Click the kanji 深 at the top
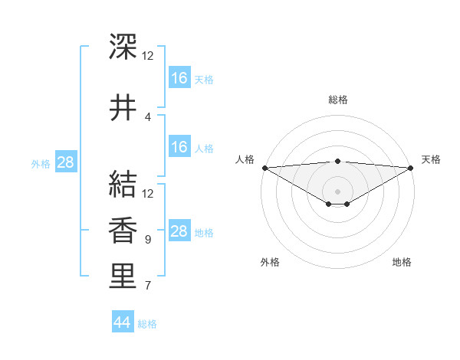(x=123, y=47)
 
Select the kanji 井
(x=123, y=108)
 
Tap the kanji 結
(x=123, y=184)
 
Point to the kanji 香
(x=123, y=231)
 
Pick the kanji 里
(x=123, y=277)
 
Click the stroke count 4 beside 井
(x=148, y=117)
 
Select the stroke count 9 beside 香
(x=148, y=240)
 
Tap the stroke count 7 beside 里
(x=148, y=286)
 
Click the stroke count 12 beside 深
(x=148, y=56)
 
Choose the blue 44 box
(x=122, y=322)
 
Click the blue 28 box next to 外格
(x=65, y=162)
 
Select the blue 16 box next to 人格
(x=179, y=147)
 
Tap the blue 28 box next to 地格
(x=179, y=231)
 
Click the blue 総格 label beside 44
(x=147, y=324)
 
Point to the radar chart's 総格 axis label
(x=337, y=100)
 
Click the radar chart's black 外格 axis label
(x=270, y=262)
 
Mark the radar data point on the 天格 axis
(x=411, y=168)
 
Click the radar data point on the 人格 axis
(x=264, y=168)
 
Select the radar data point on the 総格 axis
(x=337, y=162)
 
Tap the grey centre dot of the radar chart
(x=337, y=191)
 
